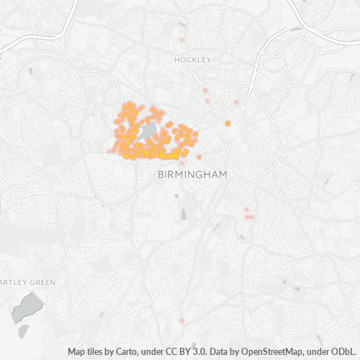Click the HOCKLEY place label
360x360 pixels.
[192, 60]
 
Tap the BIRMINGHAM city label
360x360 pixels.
[192, 175]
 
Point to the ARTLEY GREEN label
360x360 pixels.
[27, 282]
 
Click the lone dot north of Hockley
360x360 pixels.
[182, 40]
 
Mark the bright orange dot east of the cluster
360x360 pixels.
[228, 124]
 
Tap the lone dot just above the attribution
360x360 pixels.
[181, 320]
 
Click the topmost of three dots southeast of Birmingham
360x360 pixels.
[246, 210]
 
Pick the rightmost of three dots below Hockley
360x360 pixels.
[236, 102]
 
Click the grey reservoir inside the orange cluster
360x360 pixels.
[150, 131]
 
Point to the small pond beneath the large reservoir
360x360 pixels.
[24, 330]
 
